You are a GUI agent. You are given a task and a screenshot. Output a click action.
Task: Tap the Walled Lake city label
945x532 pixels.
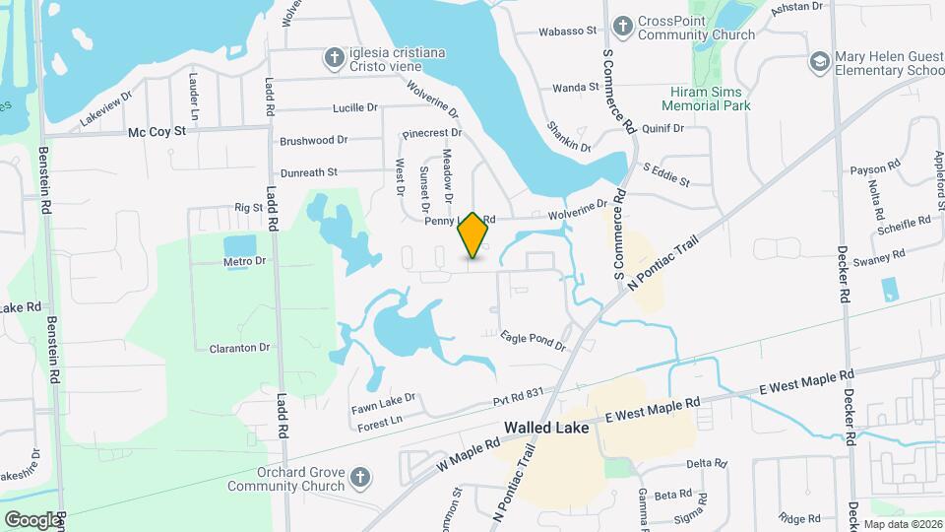pyautogui.click(x=546, y=429)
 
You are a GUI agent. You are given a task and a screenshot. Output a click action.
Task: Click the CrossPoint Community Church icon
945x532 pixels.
pyautogui.click(x=622, y=25)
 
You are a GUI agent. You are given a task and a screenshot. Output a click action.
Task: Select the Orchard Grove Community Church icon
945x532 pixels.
pyautogui.click(x=360, y=478)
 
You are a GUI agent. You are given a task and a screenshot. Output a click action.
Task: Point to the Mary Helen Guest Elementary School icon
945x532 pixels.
pyautogui.click(x=818, y=63)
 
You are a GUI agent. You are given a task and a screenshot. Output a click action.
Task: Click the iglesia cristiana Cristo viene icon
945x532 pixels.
pyautogui.click(x=335, y=59)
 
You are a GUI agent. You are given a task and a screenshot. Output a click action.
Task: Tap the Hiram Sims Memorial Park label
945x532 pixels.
pyautogui.click(x=706, y=99)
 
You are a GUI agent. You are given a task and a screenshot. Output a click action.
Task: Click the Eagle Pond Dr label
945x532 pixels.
pyautogui.click(x=533, y=341)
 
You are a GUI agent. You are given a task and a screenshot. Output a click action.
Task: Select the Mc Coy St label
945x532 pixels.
pyautogui.click(x=157, y=132)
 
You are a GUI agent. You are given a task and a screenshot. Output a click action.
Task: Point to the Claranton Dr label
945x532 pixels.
pyautogui.click(x=239, y=348)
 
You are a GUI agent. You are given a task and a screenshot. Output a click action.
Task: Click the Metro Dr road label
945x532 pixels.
pyautogui.click(x=245, y=261)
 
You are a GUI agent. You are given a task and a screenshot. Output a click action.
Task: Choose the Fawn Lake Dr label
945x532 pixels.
pyautogui.click(x=384, y=403)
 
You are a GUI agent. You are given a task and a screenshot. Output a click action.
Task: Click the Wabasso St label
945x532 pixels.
pyautogui.click(x=568, y=31)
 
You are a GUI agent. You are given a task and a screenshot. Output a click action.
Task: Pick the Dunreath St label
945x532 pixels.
pyautogui.click(x=309, y=171)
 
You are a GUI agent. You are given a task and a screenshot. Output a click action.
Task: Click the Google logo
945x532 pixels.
pyautogui.click(x=32, y=519)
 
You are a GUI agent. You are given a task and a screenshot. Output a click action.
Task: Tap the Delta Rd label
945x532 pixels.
pyautogui.click(x=705, y=462)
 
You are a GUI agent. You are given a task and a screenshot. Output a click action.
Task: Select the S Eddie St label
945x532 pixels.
pyautogui.click(x=666, y=175)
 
